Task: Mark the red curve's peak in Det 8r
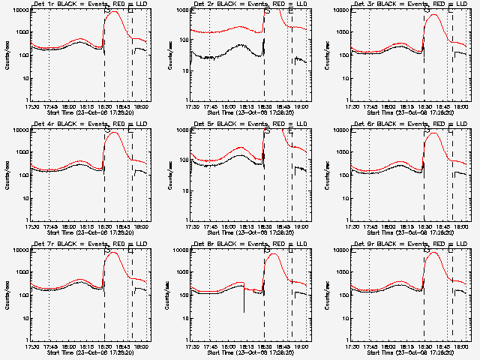click(272, 254)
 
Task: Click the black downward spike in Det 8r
click(244, 310)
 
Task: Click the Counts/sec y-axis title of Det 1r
click(7, 55)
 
